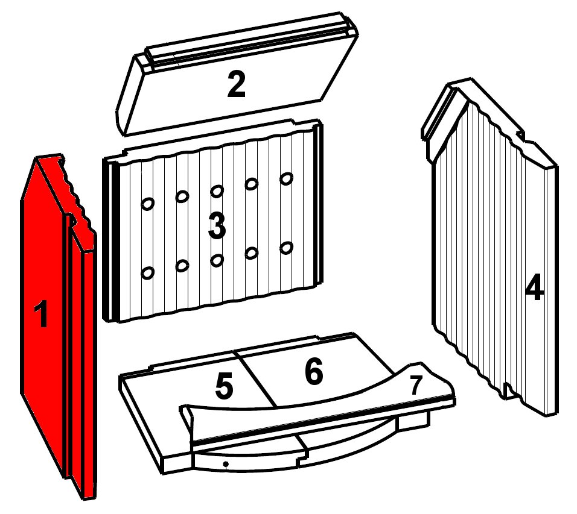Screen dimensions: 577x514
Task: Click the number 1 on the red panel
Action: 42,313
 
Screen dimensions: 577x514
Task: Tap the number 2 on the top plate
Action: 236,85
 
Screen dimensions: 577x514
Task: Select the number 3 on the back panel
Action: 217,227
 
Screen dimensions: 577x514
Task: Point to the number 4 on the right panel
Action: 534,287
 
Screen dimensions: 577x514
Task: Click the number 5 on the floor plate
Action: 224,386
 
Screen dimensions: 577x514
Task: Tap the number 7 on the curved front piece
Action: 416,386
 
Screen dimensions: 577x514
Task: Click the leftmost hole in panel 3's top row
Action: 147,204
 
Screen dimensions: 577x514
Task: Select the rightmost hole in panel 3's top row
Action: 286,178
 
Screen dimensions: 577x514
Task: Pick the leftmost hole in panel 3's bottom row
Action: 147,273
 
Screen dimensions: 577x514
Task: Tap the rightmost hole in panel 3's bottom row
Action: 286,248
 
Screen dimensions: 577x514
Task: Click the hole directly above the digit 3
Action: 217,192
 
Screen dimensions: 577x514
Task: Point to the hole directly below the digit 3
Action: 217,260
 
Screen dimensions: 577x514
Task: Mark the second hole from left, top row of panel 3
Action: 182,197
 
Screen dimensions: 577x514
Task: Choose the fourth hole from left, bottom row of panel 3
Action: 252,253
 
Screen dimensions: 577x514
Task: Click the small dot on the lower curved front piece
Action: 226,465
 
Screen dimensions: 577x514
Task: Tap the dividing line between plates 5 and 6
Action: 255,378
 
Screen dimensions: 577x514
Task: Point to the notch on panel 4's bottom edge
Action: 507,390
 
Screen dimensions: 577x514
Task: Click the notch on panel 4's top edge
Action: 520,136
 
